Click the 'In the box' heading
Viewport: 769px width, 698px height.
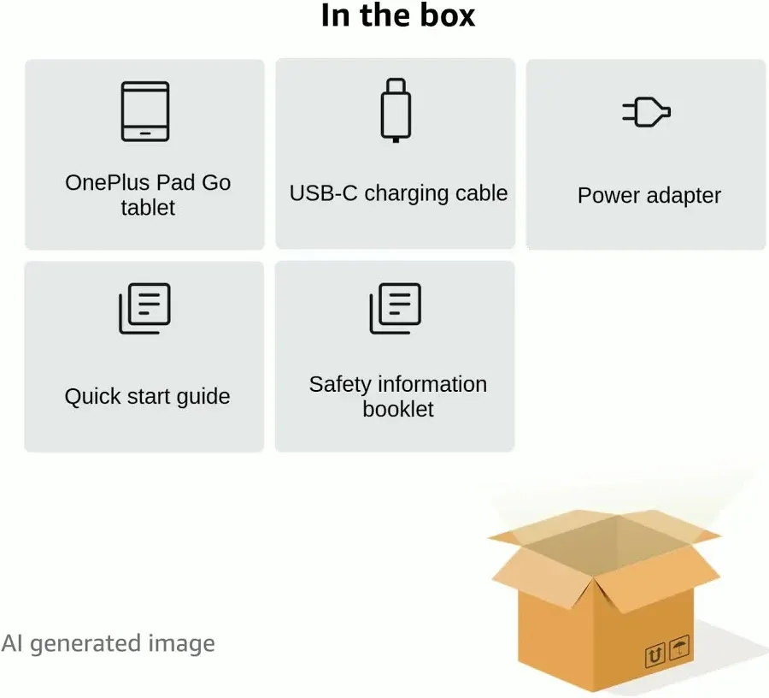pyautogui.click(x=397, y=16)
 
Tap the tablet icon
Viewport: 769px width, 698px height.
pyautogui.click(x=145, y=111)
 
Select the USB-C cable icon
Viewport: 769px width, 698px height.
pyautogui.click(x=395, y=110)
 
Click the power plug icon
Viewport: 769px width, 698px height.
pyautogui.click(x=646, y=112)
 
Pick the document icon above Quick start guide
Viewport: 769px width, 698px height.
pyautogui.click(x=144, y=308)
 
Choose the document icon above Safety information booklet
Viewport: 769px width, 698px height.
pyautogui.click(x=395, y=308)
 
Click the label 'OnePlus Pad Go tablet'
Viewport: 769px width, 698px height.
pyautogui.click(x=148, y=195)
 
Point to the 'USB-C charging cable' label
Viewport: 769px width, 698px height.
pyautogui.click(x=398, y=193)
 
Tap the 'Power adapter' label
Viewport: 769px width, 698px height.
pyautogui.click(x=649, y=195)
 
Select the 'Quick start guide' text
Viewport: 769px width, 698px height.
pyautogui.click(x=147, y=397)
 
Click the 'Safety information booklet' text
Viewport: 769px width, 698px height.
pyautogui.click(x=398, y=397)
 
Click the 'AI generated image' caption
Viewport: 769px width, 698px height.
pyautogui.click(x=108, y=643)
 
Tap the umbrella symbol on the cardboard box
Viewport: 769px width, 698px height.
pyautogui.click(x=679, y=647)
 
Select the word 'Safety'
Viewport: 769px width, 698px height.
pyautogui.click(x=339, y=385)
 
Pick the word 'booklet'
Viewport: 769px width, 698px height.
pyautogui.click(x=398, y=409)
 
